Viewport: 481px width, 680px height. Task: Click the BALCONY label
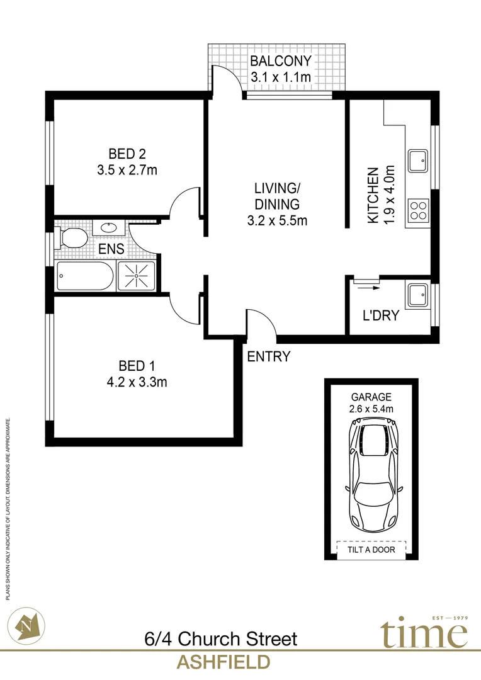[x=281, y=62]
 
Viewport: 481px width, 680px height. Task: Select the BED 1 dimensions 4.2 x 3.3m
[x=137, y=382]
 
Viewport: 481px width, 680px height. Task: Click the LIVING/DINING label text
[x=274, y=195]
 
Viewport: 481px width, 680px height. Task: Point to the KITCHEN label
[x=373, y=195]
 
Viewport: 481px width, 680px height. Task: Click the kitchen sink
[x=418, y=161]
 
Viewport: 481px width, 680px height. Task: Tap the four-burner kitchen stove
[x=418, y=208]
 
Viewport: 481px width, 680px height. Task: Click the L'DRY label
[x=381, y=315]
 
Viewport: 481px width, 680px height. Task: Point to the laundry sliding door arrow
[x=365, y=287]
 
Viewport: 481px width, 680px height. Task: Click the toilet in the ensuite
[x=71, y=237]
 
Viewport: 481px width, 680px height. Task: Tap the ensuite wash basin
[x=108, y=227]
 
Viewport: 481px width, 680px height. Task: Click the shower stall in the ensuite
[x=135, y=276]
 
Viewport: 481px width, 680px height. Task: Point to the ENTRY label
[x=269, y=357]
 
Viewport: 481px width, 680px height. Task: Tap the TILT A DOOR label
[x=371, y=550]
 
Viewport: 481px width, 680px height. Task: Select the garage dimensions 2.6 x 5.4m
[x=371, y=409]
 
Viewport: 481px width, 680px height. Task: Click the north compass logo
[x=30, y=625]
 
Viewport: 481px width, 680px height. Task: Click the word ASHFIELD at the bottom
[x=224, y=662]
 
